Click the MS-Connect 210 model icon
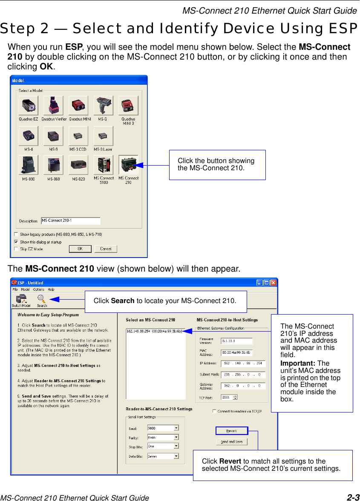128,165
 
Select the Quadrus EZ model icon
28,106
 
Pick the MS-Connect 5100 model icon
104,165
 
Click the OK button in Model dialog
80,249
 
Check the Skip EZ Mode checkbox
16,249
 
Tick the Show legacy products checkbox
16,234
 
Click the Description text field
71,220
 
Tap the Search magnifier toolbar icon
41,299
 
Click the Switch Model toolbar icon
20,299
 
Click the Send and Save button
231,441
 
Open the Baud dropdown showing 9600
163,428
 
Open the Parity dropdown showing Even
163,437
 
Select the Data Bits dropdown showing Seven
163,456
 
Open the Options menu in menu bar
38,289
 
